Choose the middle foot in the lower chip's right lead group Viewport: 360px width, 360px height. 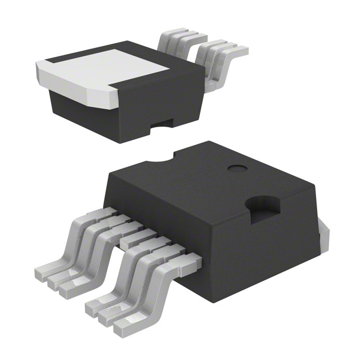pyautogui.click(x=110, y=316)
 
